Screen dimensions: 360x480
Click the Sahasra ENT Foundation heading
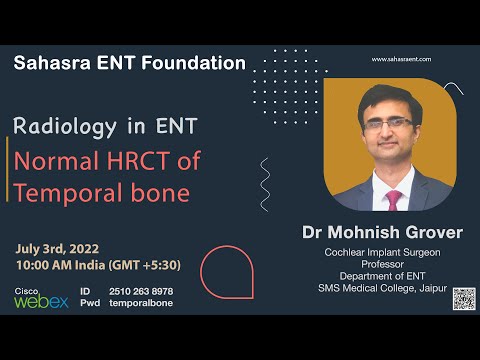coord(129,63)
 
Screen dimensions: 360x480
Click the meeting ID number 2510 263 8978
coord(140,291)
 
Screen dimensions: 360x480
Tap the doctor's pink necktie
coord(393,199)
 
